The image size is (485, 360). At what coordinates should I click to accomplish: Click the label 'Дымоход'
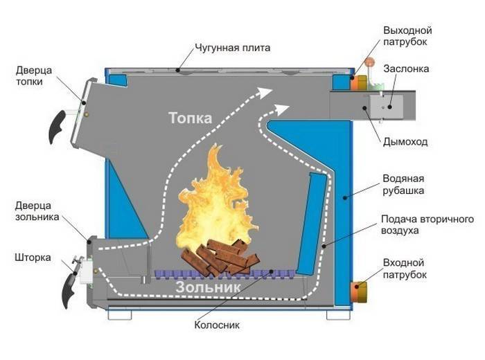pyautogui.click(x=405, y=141)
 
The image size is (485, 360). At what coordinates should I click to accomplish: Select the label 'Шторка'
pyautogui.click(x=32, y=257)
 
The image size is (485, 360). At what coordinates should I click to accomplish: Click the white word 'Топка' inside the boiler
pyautogui.click(x=190, y=118)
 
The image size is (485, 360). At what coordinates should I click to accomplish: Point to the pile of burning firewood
pyautogui.click(x=220, y=258)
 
